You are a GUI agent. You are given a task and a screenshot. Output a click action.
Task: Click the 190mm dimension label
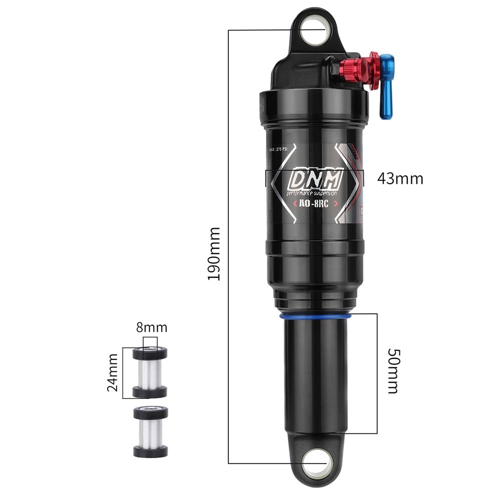pos(214,254)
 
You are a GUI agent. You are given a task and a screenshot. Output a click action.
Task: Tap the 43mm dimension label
pos(400,179)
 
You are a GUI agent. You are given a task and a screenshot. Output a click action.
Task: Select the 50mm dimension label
pos(393,370)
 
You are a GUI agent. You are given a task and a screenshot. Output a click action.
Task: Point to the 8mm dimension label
pos(151,328)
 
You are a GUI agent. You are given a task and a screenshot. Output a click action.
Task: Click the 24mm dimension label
pos(113,372)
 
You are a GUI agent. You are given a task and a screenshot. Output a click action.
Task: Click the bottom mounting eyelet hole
pos(317,462)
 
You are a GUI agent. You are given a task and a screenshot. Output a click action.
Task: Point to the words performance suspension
pos(312,193)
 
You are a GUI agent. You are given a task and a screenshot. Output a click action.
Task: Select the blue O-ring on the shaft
pos(315,316)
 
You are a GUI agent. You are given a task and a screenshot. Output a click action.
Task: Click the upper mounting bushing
pos(150,372)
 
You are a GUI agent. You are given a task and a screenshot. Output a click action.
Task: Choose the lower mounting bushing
pos(150,431)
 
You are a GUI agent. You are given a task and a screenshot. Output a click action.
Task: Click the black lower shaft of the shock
pos(315,375)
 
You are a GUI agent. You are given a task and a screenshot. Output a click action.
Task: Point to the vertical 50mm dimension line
pos(376,373)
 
